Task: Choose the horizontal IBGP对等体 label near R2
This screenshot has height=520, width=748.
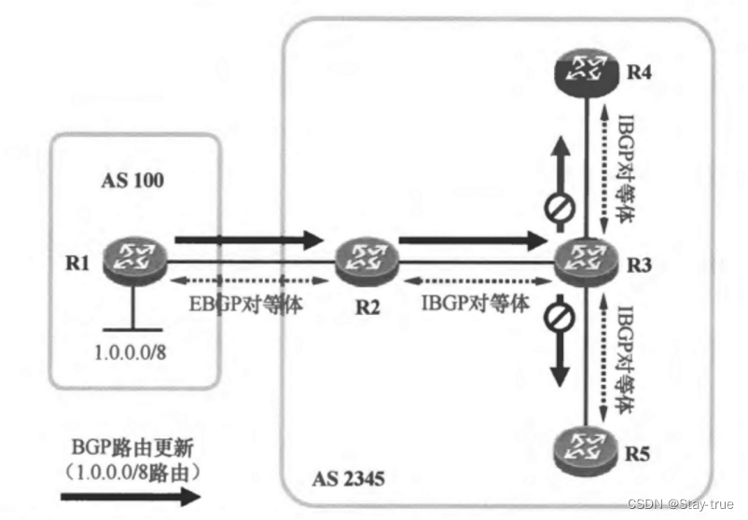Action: click(477, 305)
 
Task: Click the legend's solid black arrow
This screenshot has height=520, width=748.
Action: click(131, 496)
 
